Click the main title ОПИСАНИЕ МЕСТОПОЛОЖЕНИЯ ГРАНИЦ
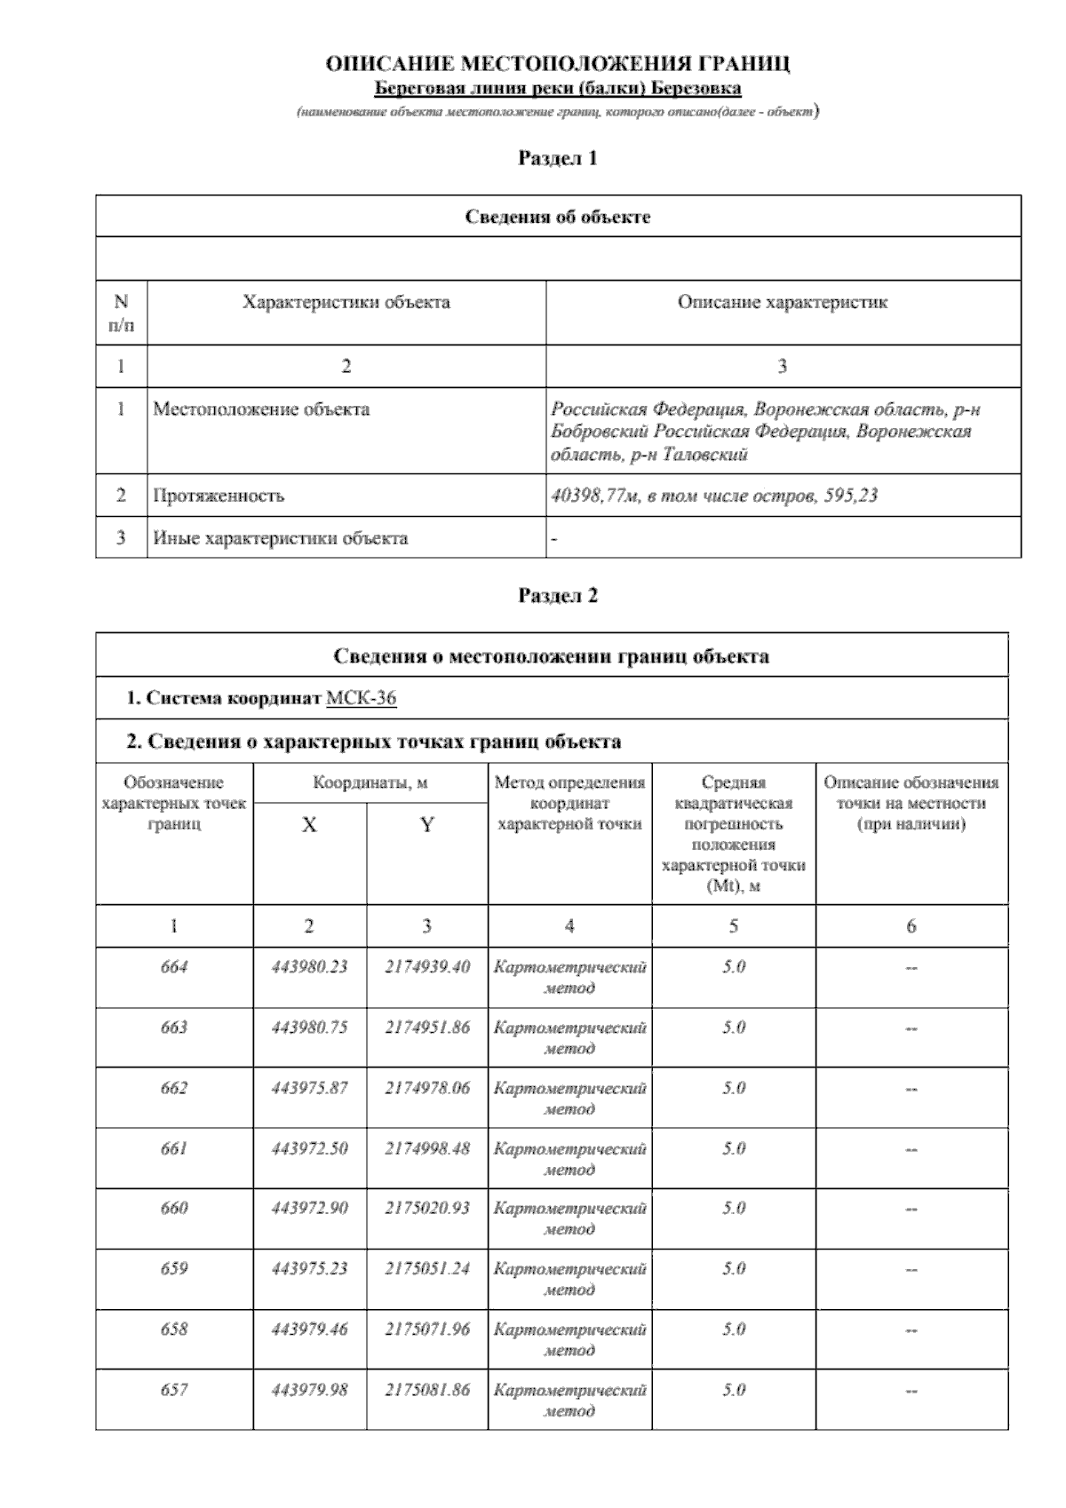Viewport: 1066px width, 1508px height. (x=558, y=64)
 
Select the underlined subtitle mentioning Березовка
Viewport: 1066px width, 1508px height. (x=558, y=88)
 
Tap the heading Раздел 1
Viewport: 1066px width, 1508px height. (x=558, y=158)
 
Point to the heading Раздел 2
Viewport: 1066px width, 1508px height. (x=558, y=596)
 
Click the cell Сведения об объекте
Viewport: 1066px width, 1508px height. (x=558, y=217)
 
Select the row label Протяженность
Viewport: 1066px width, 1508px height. (x=219, y=496)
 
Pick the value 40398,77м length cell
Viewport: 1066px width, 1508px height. (x=714, y=496)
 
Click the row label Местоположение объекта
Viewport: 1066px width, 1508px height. (x=261, y=409)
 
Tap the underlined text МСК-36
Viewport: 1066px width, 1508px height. (x=361, y=698)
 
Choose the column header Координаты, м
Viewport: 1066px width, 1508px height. (x=370, y=783)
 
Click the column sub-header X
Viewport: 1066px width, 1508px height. (x=309, y=825)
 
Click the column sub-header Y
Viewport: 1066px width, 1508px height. (x=427, y=825)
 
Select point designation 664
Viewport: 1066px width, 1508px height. (x=174, y=967)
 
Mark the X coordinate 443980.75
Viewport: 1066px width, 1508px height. (x=309, y=1028)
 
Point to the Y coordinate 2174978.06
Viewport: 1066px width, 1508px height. (x=427, y=1088)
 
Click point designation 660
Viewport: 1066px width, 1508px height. (x=174, y=1209)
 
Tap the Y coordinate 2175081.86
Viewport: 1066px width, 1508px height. (x=427, y=1390)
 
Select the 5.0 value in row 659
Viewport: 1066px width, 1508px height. (x=734, y=1269)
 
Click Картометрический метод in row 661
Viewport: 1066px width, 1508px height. (x=569, y=1159)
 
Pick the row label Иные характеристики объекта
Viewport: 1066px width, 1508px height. (x=280, y=538)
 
